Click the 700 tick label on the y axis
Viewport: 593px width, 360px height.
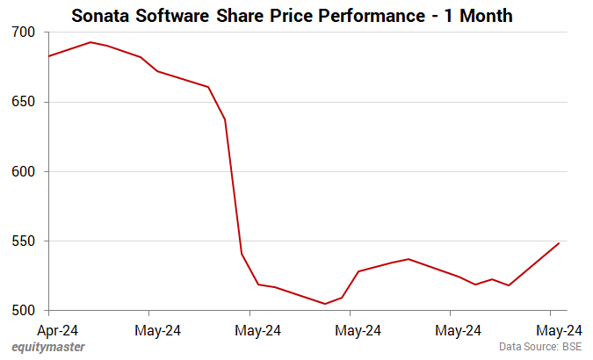[24, 32]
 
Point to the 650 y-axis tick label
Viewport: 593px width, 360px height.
[24, 102]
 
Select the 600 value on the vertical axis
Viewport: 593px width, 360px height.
[24, 171]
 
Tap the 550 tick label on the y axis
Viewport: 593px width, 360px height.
[24, 241]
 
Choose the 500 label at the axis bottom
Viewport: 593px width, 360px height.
[24, 311]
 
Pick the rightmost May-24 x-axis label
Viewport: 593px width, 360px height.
[559, 330]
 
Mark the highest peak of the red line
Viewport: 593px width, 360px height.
[90, 42]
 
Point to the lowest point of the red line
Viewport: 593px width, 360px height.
[325, 304]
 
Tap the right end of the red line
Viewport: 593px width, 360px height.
[559, 243]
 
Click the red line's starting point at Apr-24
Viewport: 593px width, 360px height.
[49, 56]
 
